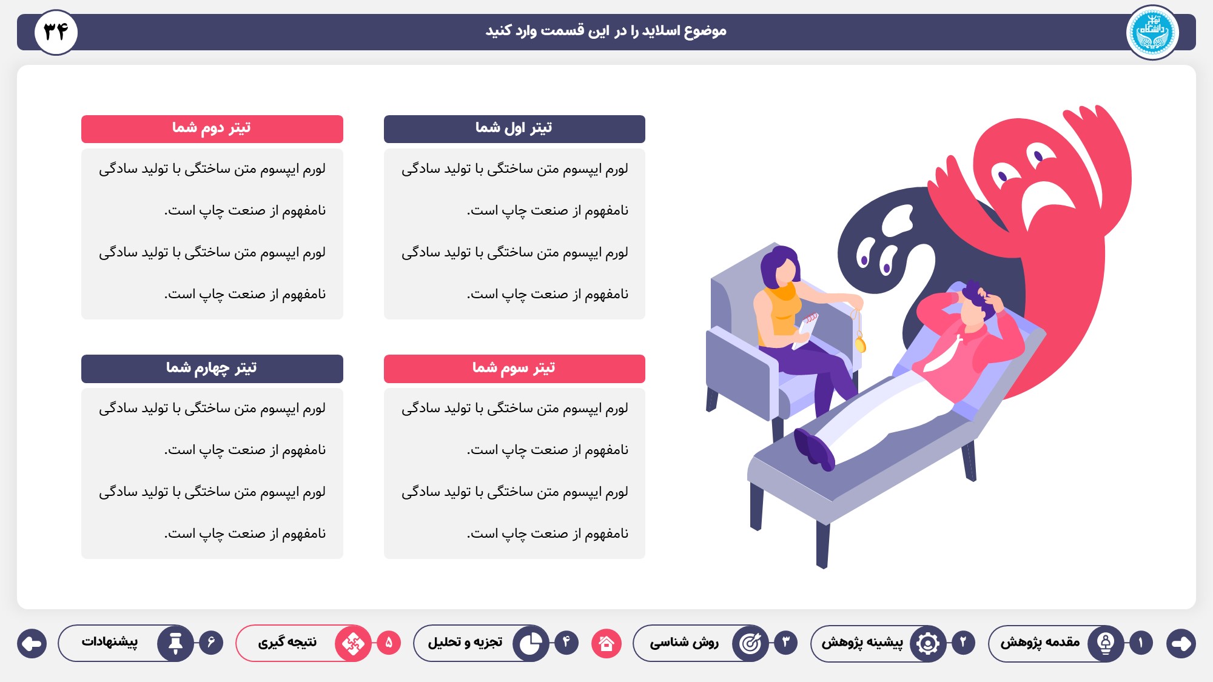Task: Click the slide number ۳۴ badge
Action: [56, 32]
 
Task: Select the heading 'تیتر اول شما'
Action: [514, 128]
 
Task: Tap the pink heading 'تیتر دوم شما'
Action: [211, 128]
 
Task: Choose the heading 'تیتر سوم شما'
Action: [514, 368]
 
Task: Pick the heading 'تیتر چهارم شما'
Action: [211, 368]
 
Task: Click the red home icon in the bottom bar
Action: [606, 643]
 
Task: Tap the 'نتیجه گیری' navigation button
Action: [287, 642]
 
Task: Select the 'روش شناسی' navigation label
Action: [684, 642]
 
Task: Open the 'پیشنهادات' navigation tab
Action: [110, 642]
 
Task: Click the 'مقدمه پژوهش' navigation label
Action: [1040, 642]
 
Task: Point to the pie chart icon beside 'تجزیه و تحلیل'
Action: [531, 643]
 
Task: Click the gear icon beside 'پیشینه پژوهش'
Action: [928, 643]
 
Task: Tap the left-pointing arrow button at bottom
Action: [32, 643]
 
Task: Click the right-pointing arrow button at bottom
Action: [1181, 643]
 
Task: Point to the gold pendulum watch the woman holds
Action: [860, 344]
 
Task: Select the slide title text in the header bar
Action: [606, 31]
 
